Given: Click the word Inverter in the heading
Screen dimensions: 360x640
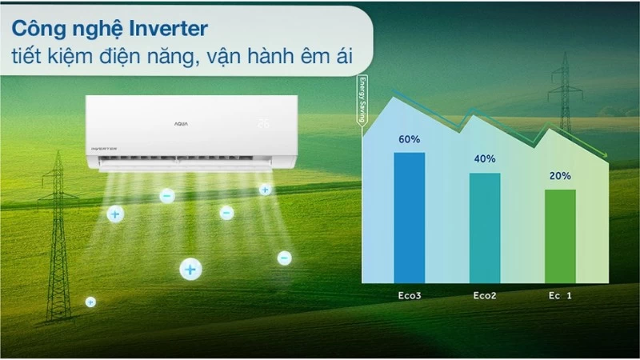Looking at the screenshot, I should click(165, 29).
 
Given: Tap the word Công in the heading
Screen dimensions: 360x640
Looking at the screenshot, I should click(41, 29).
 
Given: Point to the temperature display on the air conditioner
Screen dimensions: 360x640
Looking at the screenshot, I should click(264, 124).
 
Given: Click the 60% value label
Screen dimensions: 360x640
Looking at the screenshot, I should click(409, 139).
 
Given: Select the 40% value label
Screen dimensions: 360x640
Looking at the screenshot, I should click(485, 158).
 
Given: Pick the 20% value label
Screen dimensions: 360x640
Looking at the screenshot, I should click(560, 176).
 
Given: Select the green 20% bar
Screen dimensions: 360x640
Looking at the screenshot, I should click(560, 236).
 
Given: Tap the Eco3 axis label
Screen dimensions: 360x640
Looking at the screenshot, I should click(409, 294).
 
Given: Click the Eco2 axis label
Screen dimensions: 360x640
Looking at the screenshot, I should click(485, 294).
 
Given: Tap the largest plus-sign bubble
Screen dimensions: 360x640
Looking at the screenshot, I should click(190, 270).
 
